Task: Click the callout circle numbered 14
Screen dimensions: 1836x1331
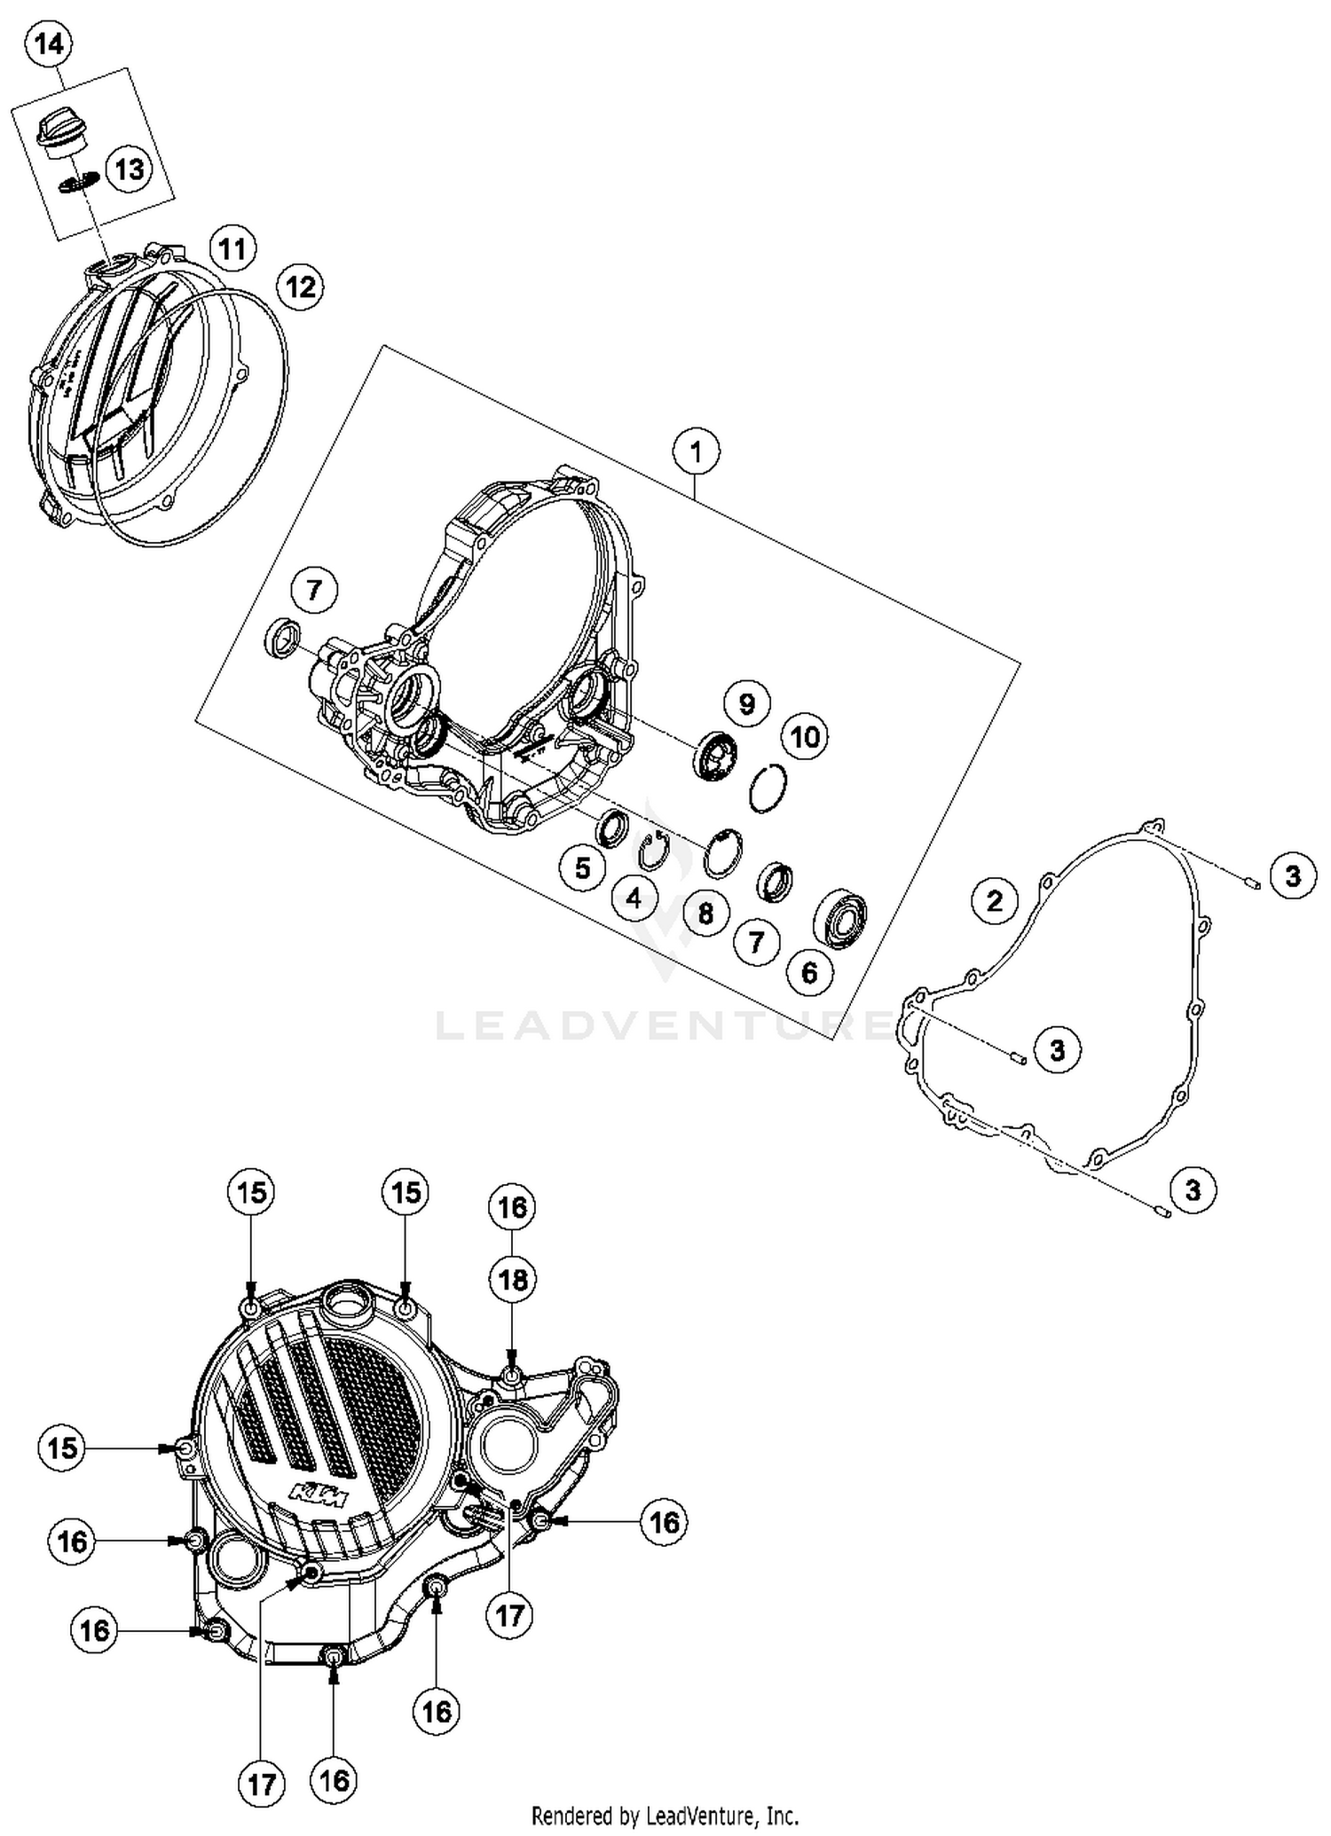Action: click(49, 45)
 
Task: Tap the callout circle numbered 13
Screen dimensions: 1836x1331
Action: click(130, 169)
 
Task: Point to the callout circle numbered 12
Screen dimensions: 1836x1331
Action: click(300, 286)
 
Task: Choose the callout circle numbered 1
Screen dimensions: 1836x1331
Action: click(696, 451)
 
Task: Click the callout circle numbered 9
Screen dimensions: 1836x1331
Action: click(746, 704)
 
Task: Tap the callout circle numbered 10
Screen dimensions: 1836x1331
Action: click(805, 737)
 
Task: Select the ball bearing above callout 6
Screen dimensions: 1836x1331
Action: click(840, 916)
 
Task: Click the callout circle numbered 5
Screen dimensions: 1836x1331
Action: click(582, 867)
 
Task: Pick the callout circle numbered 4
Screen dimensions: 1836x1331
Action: click(634, 898)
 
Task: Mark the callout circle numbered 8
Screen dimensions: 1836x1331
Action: click(705, 913)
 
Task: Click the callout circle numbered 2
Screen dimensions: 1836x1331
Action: click(994, 901)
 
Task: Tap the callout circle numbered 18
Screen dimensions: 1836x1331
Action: click(512, 1280)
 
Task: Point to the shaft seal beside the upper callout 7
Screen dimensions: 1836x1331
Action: click(283, 638)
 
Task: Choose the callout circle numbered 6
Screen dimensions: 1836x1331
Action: click(809, 973)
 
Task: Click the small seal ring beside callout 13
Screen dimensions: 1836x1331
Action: click(79, 182)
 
